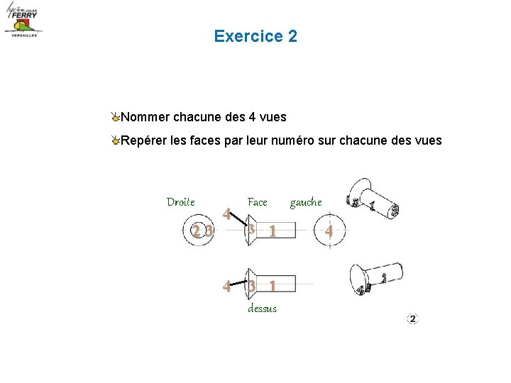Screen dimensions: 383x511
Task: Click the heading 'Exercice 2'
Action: point(255,36)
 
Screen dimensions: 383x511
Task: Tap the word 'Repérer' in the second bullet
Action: point(145,140)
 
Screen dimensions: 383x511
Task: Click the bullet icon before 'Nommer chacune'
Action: point(115,117)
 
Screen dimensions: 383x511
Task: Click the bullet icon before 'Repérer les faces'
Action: point(115,141)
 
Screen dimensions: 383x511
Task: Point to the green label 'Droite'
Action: point(180,202)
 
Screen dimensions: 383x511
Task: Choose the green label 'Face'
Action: point(257,202)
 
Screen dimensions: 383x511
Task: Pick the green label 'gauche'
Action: point(305,202)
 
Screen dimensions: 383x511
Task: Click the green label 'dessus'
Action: point(262,309)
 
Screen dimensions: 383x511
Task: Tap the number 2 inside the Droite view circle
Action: point(196,231)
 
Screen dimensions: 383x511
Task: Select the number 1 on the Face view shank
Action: point(272,231)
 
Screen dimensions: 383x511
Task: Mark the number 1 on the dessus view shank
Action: point(272,286)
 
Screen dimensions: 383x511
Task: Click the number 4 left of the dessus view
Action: point(226,287)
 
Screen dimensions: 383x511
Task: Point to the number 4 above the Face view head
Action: point(226,212)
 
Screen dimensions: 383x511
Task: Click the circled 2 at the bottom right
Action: point(412,319)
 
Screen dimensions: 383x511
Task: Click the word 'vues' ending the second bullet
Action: point(427,140)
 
